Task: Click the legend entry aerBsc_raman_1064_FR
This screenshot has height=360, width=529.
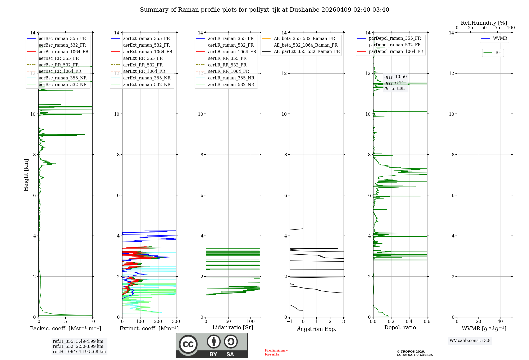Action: (63, 52)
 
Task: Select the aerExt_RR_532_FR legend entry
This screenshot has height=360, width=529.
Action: (143, 65)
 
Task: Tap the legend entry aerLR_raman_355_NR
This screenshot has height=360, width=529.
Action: (231, 78)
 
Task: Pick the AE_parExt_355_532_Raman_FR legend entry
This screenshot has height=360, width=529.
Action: (307, 52)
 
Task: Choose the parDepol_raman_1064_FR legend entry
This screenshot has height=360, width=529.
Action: (396, 52)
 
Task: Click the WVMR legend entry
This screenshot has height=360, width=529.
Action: (500, 38)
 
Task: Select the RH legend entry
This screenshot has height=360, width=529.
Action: (498, 53)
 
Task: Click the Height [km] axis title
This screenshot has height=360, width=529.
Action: (26, 175)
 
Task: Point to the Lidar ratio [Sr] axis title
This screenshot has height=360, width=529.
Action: (233, 328)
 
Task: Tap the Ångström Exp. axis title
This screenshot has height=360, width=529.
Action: (317, 329)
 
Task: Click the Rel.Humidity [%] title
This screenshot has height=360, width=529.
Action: (484, 23)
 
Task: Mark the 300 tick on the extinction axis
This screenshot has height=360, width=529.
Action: (176, 322)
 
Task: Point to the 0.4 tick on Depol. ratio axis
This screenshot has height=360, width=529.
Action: (409, 322)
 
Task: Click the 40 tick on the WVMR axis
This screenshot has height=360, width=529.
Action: (500, 322)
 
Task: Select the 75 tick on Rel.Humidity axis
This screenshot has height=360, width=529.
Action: (498, 28)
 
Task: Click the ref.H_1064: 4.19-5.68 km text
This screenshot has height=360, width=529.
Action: (79, 352)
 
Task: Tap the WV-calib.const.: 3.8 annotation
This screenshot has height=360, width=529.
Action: (470, 341)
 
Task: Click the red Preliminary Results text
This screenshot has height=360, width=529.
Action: (276, 352)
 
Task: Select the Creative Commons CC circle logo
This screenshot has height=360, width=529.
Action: (188, 344)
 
